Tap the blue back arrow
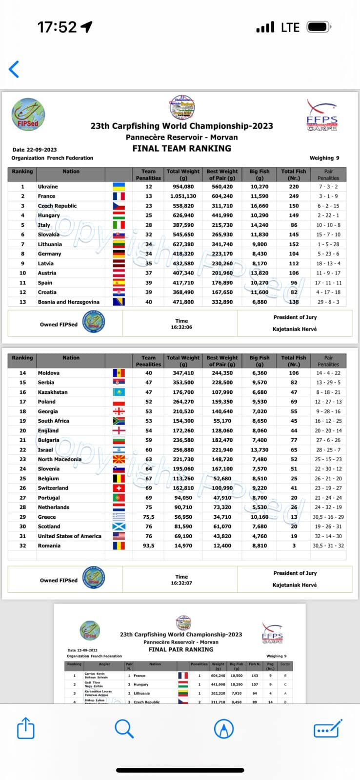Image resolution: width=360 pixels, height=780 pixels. point(14,69)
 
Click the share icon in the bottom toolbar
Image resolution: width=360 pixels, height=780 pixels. point(26,729)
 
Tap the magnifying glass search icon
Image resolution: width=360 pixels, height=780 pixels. point(124,729)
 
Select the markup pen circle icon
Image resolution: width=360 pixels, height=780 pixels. point(224,729)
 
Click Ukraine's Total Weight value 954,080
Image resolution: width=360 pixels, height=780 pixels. point(183,187)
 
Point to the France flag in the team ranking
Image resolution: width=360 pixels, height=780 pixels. point(119,196)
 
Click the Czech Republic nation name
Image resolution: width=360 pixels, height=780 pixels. point(57,206)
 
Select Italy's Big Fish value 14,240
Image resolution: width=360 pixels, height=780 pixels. point(259,225)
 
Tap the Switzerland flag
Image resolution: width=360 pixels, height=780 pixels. point(119,488)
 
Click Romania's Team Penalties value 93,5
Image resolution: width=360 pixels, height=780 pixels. point(148,546)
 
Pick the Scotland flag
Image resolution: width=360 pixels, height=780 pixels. point(119,526)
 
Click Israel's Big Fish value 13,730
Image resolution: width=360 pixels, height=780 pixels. point(259,449)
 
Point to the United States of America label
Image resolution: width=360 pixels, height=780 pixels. point(69,536)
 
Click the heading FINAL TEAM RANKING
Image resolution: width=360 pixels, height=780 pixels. point(181,148)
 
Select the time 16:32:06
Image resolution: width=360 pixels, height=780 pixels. point(181,327)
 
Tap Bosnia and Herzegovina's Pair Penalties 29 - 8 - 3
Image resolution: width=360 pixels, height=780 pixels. point(328,302)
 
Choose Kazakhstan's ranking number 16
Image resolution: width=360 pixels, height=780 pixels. point(22,392)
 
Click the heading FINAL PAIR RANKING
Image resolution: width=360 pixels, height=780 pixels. point(180,649)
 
